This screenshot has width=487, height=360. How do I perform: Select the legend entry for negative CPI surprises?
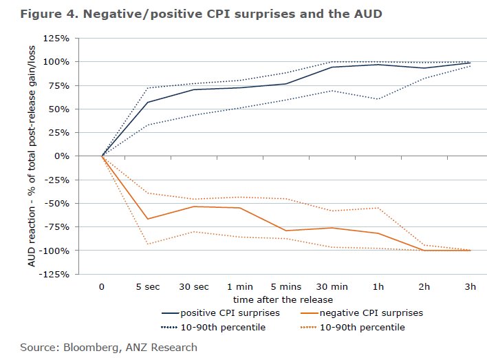371,313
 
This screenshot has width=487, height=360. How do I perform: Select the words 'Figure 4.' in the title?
45,14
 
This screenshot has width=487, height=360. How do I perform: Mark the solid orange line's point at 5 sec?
147,219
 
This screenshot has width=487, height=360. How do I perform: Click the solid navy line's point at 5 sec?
147,102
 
